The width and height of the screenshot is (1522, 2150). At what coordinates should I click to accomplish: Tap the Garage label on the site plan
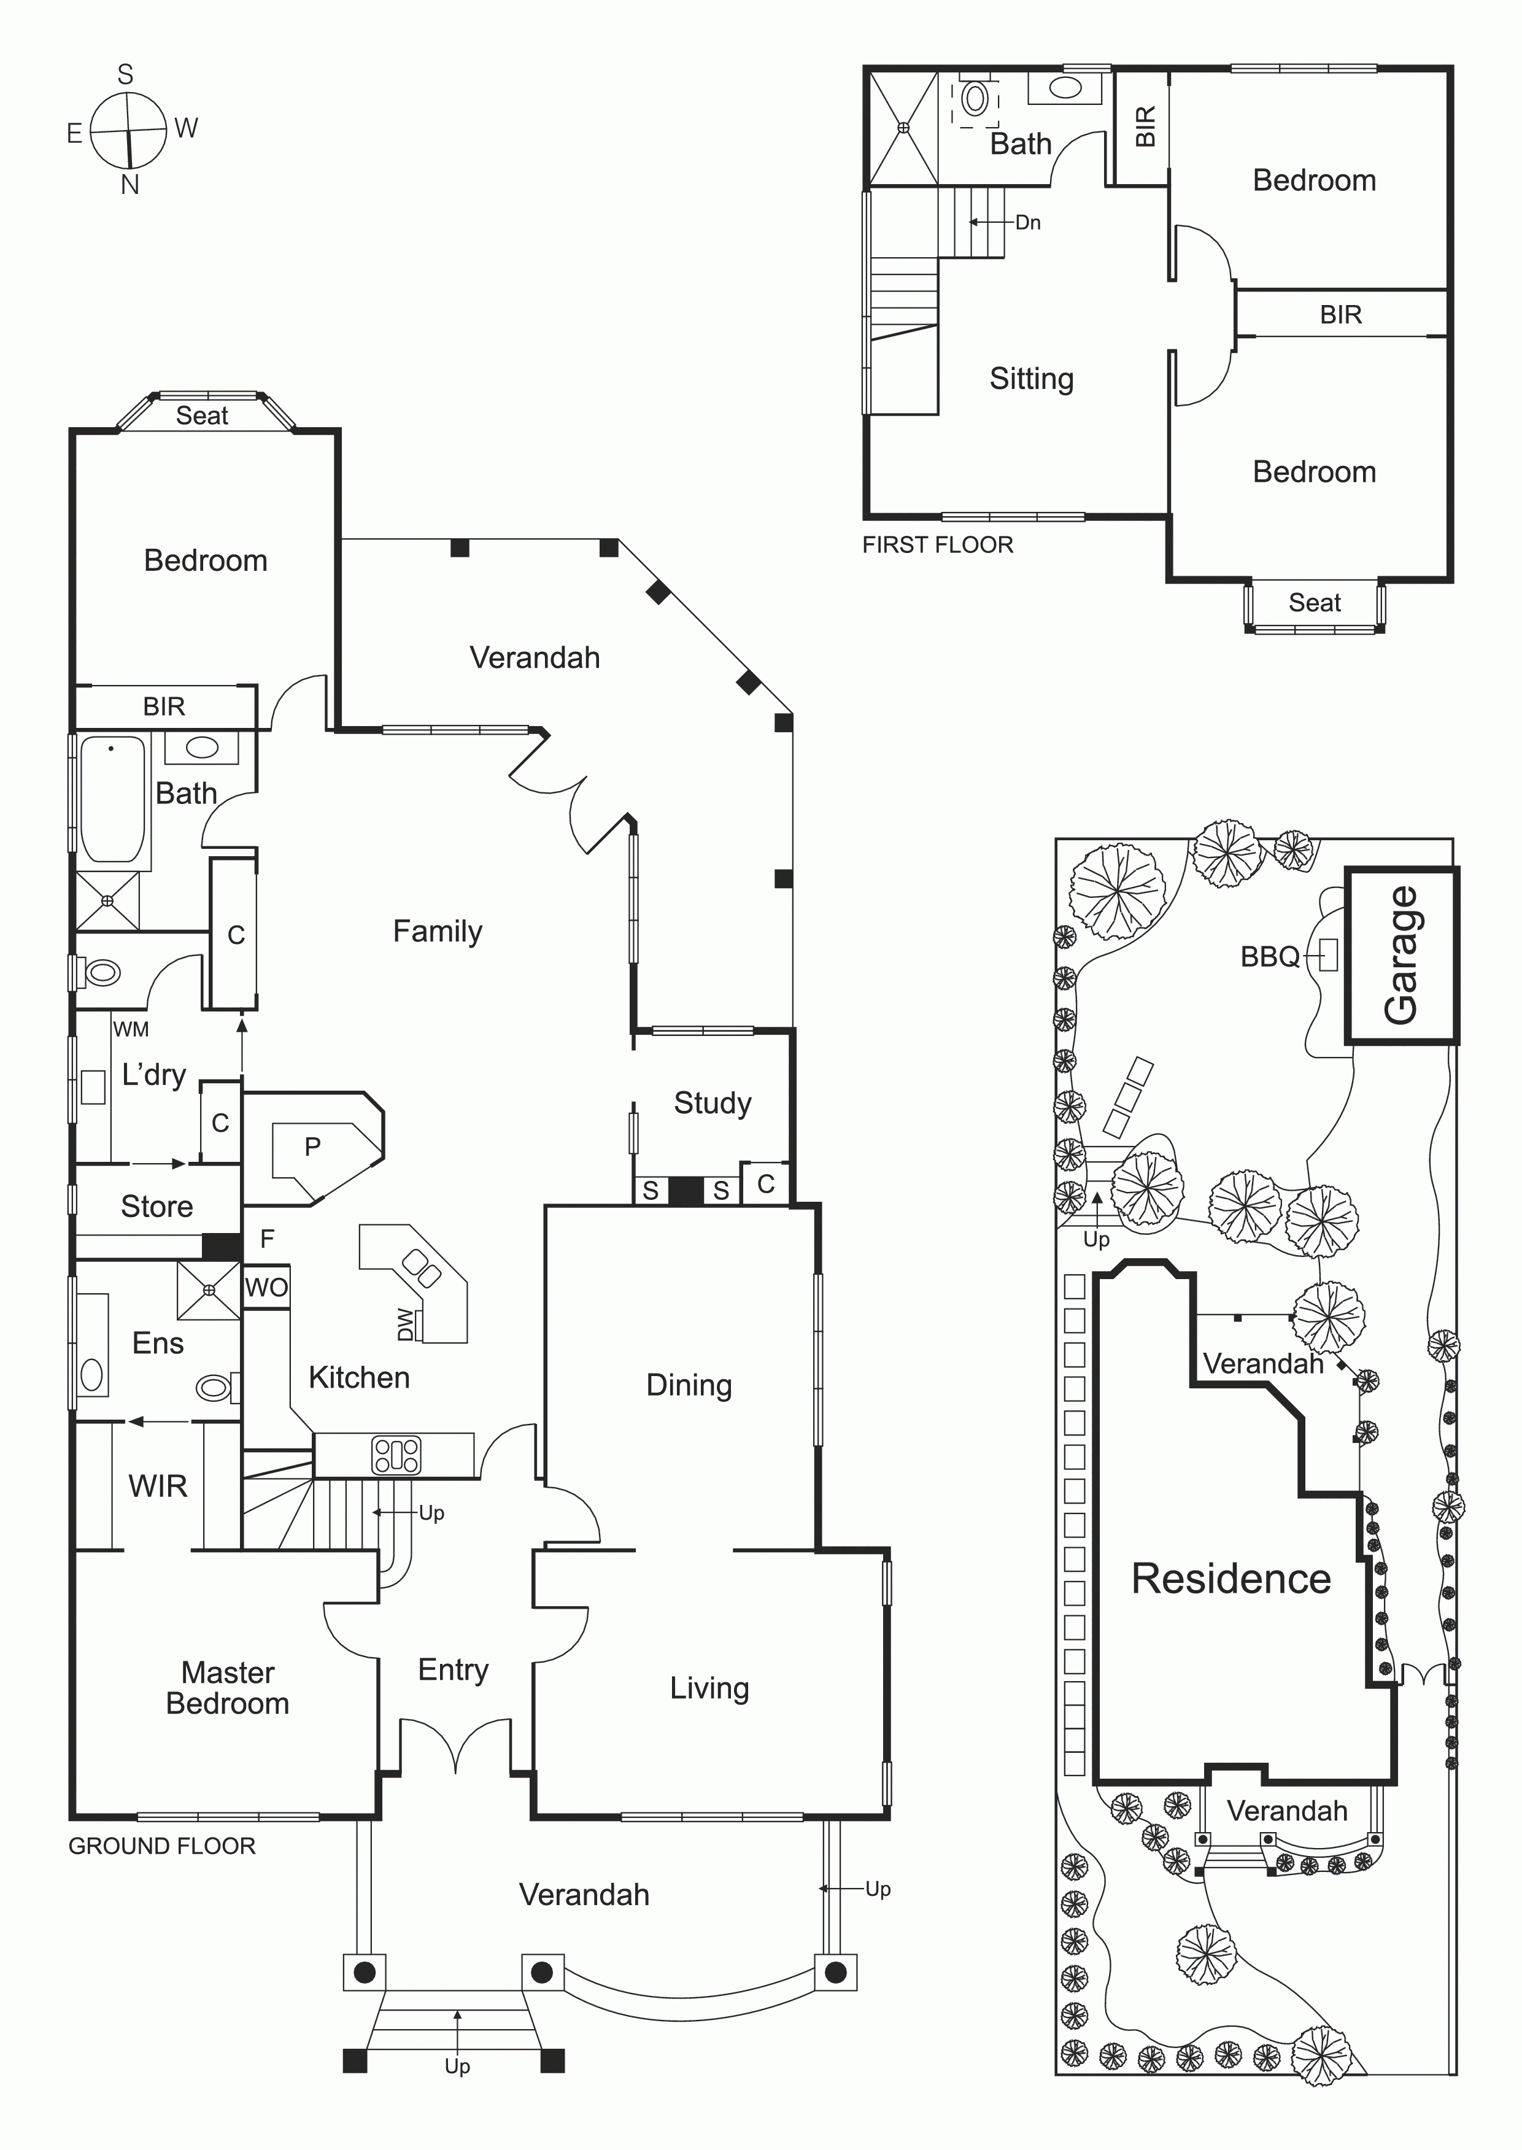pyautogui.click(x=1402, y=956)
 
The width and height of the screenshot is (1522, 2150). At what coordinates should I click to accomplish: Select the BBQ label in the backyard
pyautogui.click(x=1270, y=957)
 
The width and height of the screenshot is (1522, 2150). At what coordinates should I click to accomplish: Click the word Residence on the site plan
pyautogui.click(x=1230, y=1579)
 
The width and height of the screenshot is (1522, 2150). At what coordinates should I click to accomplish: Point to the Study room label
pyautogui.click(x=713, y=1103)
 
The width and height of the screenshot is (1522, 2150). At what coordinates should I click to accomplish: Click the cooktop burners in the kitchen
pyautogui.click(x=396, y=1455)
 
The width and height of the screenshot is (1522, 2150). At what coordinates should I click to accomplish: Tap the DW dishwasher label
pyautogui.click(x=406, y=1324)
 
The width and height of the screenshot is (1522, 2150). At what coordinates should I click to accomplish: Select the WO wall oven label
pyautogui.click(x=266, y=1288)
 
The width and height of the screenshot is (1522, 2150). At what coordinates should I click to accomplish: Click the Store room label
pyautogui.click(x=156, y=1206)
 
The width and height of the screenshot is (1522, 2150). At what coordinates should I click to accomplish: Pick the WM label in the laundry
pyautogui.click(x=131, y=1029)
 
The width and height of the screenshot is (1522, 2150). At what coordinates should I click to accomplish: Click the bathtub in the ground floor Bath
pyautogui.click(x=112, y=799)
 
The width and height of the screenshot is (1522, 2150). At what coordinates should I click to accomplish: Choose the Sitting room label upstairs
pyautogui.click(x=1031, y=379)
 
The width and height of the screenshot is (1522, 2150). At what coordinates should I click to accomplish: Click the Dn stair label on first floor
pyautogui.click(x=1028, y=222)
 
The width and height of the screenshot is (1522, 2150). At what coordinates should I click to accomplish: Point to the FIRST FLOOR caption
pyautogui.click(x=937, y=544)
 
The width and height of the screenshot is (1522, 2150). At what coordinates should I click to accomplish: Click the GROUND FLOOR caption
pyautogui.click(x=161, y=1846)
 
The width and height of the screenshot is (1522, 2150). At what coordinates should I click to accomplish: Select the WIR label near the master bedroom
pyautogui.click(x=158, y=1485)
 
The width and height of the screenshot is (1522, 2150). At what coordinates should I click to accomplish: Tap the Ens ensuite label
pyautogui.click(x=158, y=1343)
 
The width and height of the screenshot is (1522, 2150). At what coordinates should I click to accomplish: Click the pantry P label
pyautogui.click(x=312, y=1147)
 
